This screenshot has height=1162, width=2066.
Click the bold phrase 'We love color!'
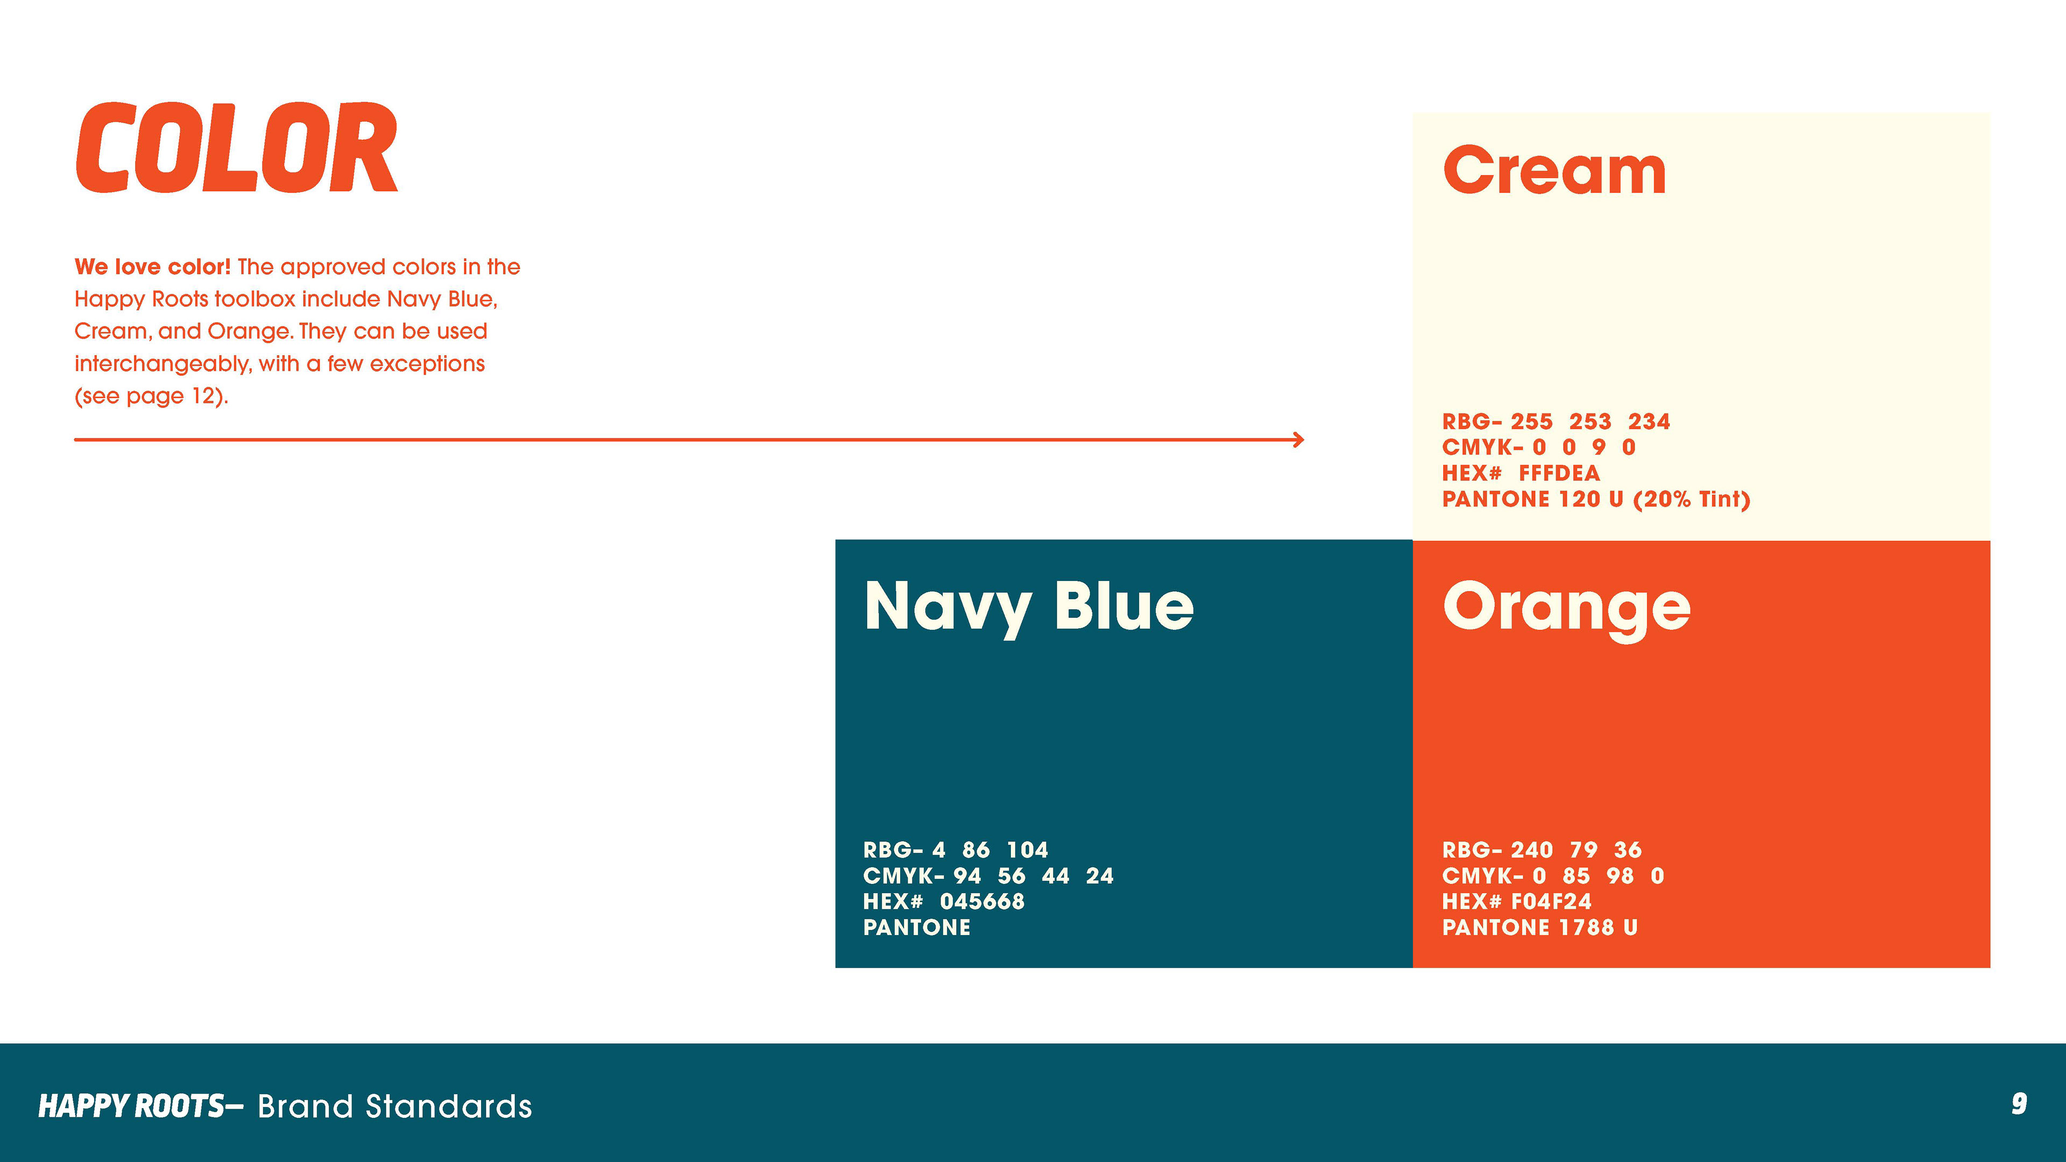[x=152, y=266]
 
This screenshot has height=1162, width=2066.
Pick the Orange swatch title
[x=1566, y=608]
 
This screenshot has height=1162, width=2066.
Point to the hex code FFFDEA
[x=1559, y=473]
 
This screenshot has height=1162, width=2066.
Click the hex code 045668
[x=982, y=902]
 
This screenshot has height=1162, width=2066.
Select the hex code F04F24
[x=1551, y=902]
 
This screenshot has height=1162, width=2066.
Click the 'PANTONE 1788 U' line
[x=1540, y=927]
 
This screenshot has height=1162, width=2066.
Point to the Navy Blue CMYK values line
[x=988, y=876]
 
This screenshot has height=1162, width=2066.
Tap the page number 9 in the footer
[x=2019, y=1104]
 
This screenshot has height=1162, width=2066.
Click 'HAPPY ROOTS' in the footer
[x=131, y=1106]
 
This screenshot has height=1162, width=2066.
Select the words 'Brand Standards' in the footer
[x=394, y=1107]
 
